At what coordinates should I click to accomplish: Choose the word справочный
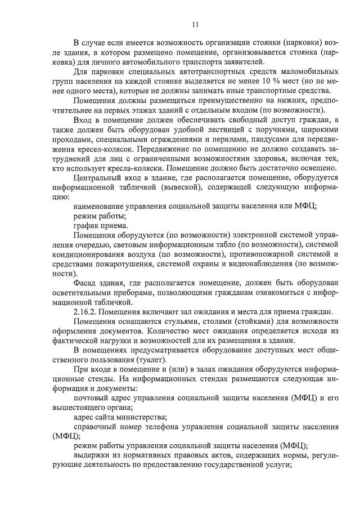94,427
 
